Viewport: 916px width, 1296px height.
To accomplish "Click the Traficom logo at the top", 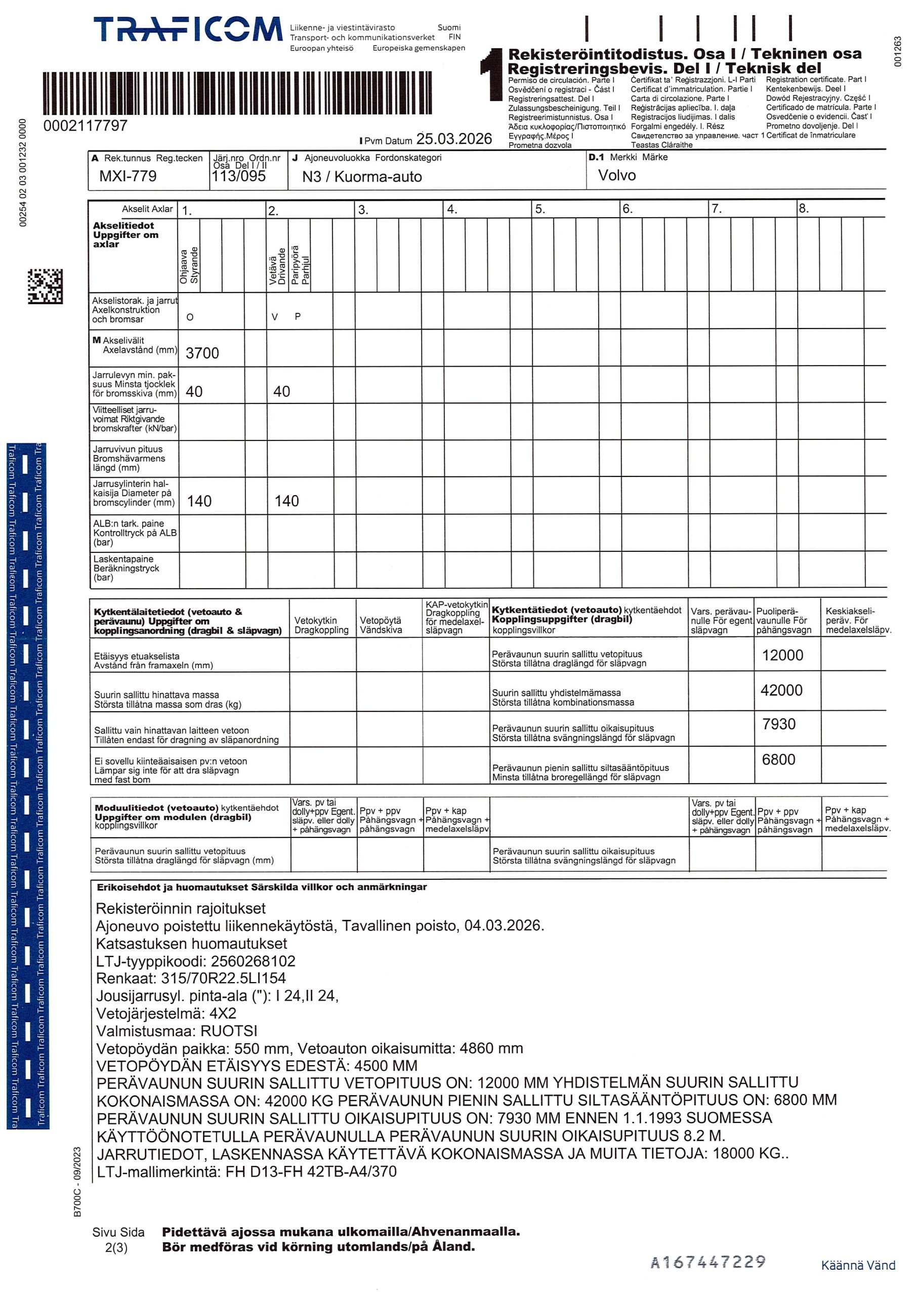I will [187, 29].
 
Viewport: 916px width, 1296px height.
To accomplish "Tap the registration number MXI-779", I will [128, 176].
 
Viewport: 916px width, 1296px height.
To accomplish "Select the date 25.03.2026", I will [454, 139].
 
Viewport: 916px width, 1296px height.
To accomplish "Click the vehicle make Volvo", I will [616, 176].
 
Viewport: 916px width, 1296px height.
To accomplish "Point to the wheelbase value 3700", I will [202, 353].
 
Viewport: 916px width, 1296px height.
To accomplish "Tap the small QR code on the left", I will [45, 286].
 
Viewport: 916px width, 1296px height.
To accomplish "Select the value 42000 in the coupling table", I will [781, 691].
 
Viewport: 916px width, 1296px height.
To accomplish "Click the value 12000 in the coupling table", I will [782, 655].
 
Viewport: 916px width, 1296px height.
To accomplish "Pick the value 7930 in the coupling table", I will [779, 724].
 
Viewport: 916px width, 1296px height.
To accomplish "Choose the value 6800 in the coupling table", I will [778, 760].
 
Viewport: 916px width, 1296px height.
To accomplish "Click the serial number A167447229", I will [707, 1262].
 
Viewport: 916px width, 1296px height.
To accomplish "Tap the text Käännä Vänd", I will [858, 1266].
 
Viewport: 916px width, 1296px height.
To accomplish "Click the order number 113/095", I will [238, 176].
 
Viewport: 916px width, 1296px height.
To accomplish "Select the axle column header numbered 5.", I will [540, 210].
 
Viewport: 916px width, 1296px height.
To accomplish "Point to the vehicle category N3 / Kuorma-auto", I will [362, 177].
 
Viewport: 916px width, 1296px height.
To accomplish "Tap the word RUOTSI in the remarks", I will [229, 1031].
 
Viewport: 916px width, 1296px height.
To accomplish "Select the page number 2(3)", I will [116, 1248].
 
